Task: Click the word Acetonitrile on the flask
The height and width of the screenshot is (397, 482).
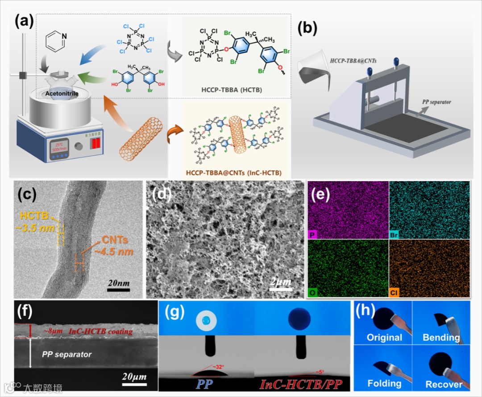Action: [64, 94]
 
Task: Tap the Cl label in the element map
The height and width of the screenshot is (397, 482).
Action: [395, 293]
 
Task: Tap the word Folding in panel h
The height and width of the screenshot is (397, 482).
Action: [384, 383]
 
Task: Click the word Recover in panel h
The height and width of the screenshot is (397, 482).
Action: [444, 384]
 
